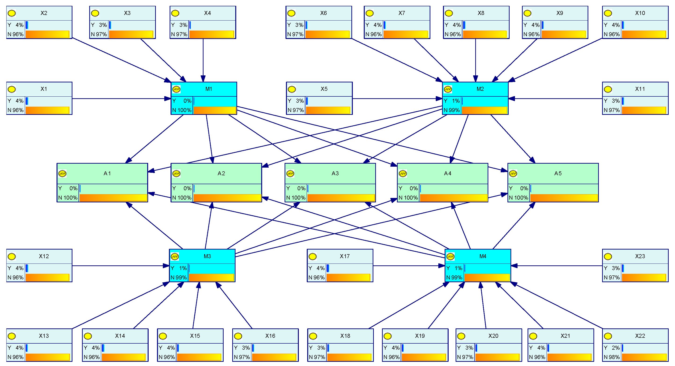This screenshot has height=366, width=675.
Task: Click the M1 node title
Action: coord(209,89)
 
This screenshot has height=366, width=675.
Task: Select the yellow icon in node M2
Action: coord(448,89)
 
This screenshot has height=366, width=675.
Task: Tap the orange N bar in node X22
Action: coord(644,357)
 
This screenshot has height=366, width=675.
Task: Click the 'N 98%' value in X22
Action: coord(612,357)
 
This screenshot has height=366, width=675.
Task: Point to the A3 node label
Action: coord(335,173)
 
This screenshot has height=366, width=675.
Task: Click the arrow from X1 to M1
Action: coord(121,99)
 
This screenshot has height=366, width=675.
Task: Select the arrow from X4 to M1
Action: coord(203,60)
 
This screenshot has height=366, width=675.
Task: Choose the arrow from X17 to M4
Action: coord(409,266)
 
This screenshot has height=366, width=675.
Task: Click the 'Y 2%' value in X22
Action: coord(612,348)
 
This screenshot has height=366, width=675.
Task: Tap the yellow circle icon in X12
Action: coord(12,257)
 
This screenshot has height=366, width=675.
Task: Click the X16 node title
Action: coord(270,336)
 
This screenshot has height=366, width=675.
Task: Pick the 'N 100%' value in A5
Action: coord(518,198)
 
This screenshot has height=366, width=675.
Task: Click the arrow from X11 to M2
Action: coord(556,99)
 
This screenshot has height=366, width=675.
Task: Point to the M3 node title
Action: coord(207,256)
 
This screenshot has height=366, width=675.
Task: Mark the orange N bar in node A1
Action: coord(113,198)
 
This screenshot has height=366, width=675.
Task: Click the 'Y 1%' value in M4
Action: coord(454,268)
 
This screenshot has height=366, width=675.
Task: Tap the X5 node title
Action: coord(324,89)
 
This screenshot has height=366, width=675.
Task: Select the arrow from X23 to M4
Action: coord(557,266)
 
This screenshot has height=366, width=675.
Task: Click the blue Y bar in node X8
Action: coord(464,25)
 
